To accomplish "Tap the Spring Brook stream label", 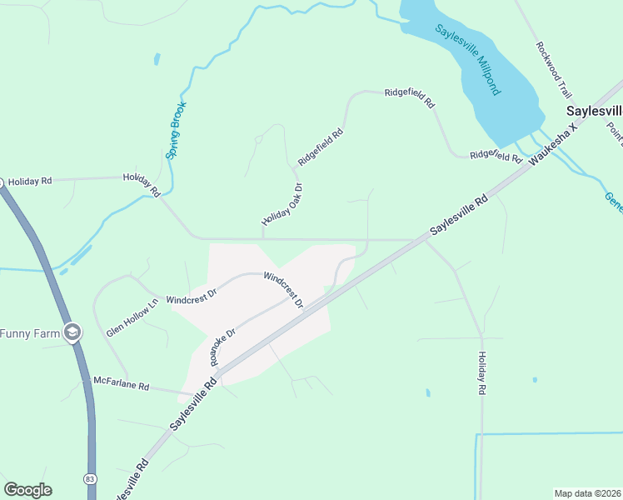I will click(176, 130).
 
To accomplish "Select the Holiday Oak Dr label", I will click(282, 203).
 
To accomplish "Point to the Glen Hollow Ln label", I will click(132, 318).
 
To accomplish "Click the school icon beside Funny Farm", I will click(72, 332).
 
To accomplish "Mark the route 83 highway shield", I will click(89, 479).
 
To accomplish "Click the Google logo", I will click(27, 490).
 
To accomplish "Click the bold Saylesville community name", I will click(594, 111).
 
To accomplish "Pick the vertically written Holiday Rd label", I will click(481, 372).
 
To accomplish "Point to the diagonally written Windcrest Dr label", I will click(283, 289).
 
